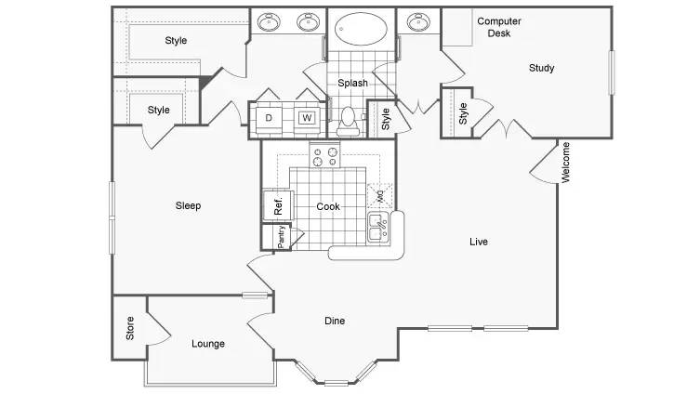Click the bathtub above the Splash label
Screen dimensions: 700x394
362,28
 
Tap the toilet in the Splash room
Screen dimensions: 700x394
348,121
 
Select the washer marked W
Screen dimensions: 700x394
307,118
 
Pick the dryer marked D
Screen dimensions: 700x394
269,118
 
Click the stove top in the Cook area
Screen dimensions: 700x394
324,155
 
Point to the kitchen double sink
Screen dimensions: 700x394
378,228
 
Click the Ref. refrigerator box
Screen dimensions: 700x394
278,205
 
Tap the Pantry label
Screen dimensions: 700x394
281,236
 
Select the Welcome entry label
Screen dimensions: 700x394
565,163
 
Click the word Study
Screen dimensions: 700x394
542,68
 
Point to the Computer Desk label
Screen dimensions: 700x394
499,27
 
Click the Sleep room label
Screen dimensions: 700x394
188,205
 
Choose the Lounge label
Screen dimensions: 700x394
208,344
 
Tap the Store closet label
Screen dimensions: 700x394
130,328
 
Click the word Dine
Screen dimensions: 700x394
335,321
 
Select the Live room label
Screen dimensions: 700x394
479,242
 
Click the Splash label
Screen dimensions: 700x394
352,83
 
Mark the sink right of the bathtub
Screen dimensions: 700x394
418,22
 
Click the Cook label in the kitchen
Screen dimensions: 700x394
328,206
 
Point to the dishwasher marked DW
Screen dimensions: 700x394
380,195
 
